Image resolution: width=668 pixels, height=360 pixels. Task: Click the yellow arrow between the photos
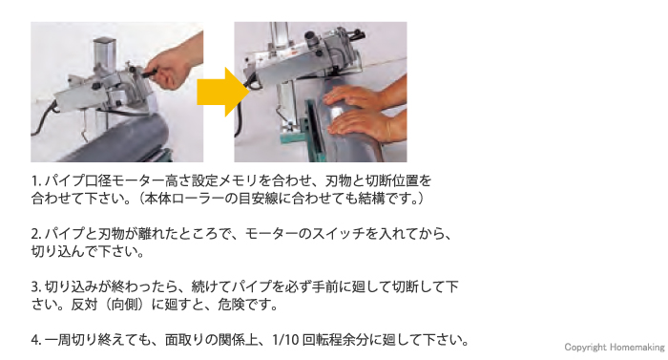(x=222, y=92)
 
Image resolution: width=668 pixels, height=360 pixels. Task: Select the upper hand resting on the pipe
(x=358, y=98)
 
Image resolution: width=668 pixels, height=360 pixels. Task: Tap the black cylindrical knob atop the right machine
(x=311, y=39)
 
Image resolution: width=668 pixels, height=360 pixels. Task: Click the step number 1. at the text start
(x=36, y=181)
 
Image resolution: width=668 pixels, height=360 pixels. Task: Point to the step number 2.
(x=36, y=234)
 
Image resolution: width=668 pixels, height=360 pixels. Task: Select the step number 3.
(x=36, y=286)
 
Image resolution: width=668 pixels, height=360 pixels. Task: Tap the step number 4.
(x=36, y=340)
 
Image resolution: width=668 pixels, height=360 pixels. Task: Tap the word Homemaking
(x=637, y=348)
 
